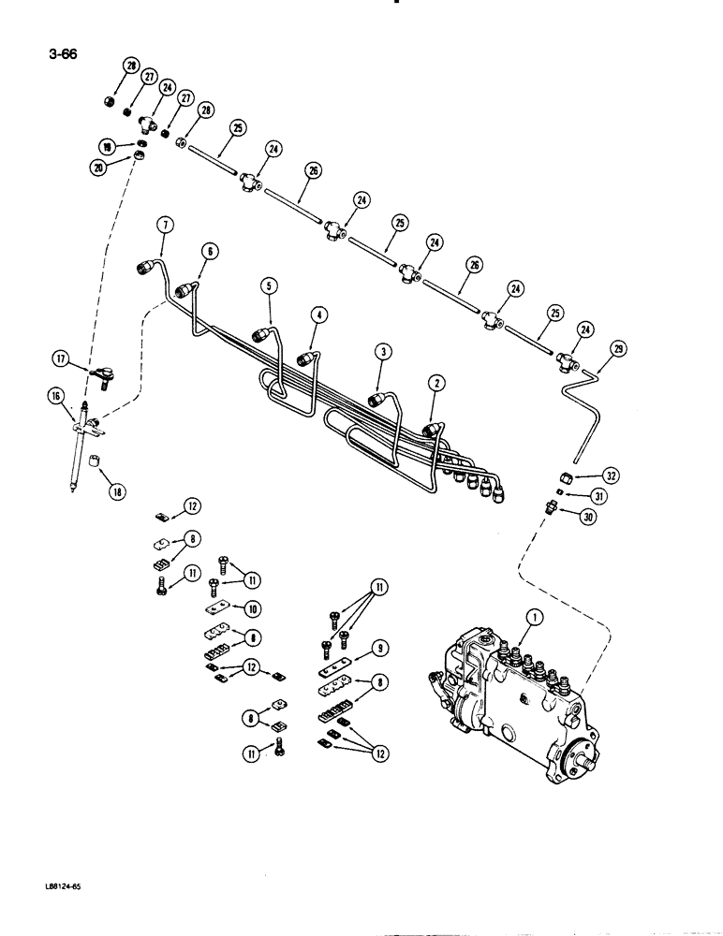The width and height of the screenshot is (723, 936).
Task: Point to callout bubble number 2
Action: coord(434,382)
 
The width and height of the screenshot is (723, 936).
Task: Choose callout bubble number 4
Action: coord(320,316)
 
